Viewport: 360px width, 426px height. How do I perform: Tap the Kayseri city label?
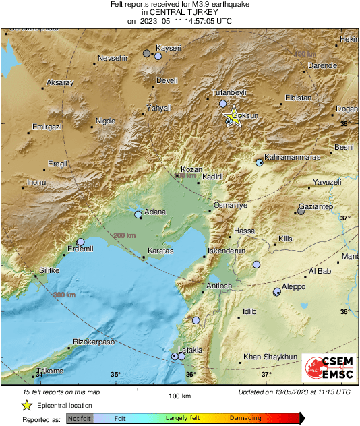click(169, 48)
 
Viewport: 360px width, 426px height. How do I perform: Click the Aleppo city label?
click(294, 286)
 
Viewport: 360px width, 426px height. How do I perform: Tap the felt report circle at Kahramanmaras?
click(260, 162)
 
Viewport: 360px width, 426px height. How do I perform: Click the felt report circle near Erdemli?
click(81, 241)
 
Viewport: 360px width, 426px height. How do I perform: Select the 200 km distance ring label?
click(125, 235)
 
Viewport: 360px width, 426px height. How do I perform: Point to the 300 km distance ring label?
click(65, 295)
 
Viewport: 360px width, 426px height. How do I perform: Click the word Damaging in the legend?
click(246, 418)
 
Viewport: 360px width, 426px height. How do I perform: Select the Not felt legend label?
click(80, 418)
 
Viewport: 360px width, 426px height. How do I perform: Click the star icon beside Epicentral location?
click(26, 405)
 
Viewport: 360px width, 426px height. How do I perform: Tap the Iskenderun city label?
click(226, 251)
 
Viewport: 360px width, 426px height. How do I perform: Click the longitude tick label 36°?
click(191, 375)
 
